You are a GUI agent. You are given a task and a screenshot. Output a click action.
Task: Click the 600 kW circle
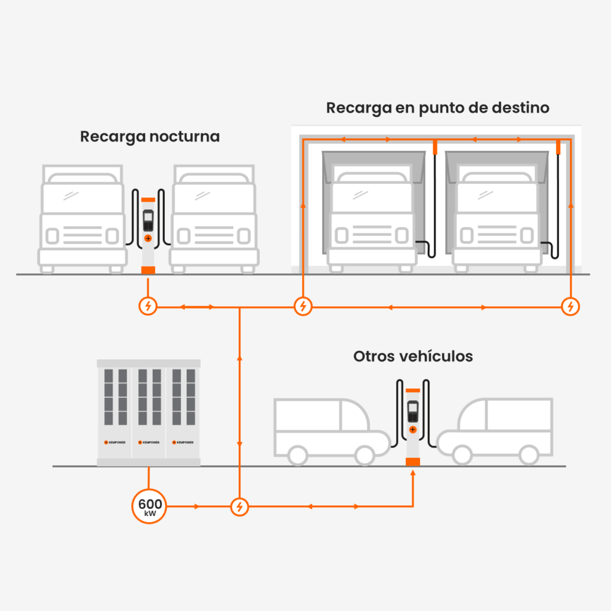pos(148,507)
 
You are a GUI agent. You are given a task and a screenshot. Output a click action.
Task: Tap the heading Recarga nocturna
pos(150,137)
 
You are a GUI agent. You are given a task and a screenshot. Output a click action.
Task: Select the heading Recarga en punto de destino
pos(437,108)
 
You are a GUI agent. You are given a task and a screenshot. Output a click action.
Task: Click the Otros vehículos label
pos(413,356)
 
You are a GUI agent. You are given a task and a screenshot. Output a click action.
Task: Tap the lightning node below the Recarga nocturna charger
pos(148,307)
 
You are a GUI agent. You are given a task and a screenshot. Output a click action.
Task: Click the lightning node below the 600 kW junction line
pos(239,507)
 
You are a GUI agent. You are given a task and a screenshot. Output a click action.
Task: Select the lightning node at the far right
pos(571,307)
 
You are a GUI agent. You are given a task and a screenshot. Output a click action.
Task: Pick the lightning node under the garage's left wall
pos(304,307)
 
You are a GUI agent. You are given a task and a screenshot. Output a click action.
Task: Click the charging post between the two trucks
pos(148,233)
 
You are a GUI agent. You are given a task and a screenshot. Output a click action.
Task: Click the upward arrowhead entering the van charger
pos(413,474)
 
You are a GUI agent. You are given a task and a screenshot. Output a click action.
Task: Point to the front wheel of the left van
pos(363,454)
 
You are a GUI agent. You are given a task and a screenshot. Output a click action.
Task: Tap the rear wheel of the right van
pos(528,454)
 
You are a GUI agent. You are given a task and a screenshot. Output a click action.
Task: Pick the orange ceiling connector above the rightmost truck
pos(558,146)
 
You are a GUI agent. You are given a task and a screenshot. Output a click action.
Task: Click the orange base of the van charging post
pos(412,461)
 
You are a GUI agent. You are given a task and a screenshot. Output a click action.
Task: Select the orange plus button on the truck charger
pos(148,238)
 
